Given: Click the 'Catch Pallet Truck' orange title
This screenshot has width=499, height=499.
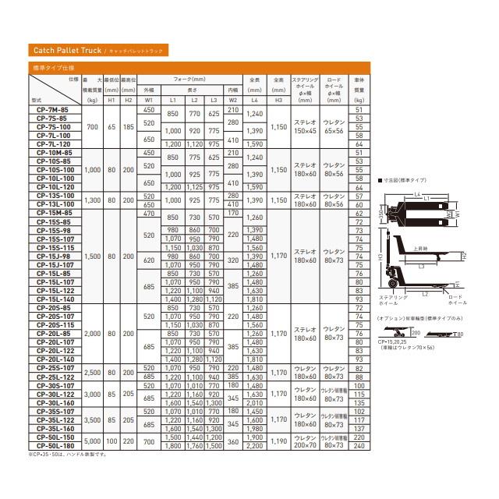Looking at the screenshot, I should (x=68, y=51).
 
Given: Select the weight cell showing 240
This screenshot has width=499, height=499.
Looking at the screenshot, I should (x=359, y=447).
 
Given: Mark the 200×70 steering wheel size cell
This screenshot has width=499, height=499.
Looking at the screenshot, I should (x=305, y=447).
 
